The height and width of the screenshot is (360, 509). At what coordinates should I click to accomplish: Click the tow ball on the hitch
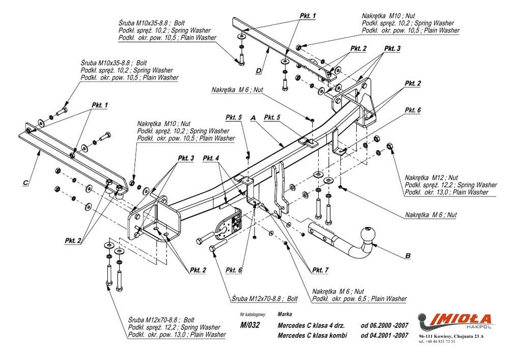click(367, 234)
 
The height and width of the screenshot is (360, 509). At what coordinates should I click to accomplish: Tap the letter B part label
click(408, 256)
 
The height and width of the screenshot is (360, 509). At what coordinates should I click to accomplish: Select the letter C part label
click(25, 183)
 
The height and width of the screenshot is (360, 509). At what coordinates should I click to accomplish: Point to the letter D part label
click(259, 71)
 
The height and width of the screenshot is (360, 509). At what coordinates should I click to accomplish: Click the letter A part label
click(253, 118)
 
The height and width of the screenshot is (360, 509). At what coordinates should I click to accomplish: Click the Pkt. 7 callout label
click(320, 270)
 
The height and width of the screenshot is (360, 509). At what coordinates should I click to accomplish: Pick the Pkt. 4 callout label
click(211, 158)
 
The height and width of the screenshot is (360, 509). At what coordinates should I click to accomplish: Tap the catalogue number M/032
click(250, 325)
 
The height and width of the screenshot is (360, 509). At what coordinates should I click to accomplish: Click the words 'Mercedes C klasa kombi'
click(313, 336)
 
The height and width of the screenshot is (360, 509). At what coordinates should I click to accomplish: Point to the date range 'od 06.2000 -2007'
click(385, 325)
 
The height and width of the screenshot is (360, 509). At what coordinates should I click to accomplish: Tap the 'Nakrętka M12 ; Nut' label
click(432, 178)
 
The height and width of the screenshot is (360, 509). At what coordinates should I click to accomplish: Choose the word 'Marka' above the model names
click(285, 314)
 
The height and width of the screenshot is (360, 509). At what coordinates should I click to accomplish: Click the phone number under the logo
click(437, 342)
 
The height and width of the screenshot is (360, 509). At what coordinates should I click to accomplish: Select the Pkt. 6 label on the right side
click(413, 110)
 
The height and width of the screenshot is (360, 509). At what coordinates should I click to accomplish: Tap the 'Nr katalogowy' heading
click(252, 314)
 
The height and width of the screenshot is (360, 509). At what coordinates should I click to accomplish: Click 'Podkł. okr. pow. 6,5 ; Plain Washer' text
click(359, 299)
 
